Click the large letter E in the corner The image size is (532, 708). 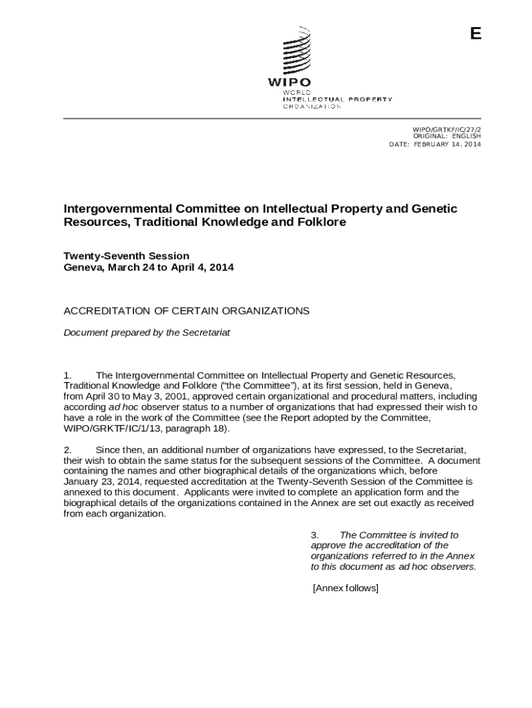point(475,35)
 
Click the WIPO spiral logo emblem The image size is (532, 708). point(295,50)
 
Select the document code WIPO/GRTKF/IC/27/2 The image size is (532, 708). point(446,129)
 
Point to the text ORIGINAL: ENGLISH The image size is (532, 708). point(446,137)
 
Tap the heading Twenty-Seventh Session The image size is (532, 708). point(126,256)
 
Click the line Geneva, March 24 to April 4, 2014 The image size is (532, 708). point(149,267)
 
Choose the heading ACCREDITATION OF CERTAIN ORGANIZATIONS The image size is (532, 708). point(187,311)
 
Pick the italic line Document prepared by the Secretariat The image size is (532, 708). point(146,333)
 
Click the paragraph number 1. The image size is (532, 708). point(68,375)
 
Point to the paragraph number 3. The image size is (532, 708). point(314,535)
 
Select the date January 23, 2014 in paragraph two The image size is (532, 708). point(98,482)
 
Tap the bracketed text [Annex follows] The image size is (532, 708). point(345,588)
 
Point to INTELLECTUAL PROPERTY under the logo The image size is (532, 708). point(337,100)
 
